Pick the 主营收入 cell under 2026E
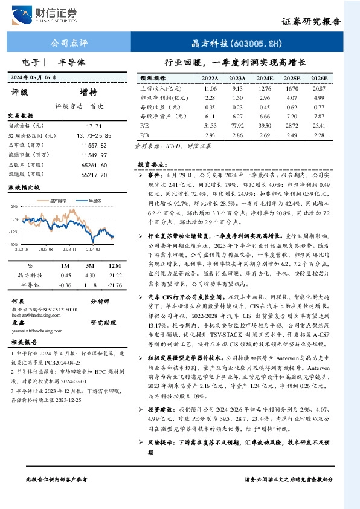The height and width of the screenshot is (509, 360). (x=318, y=88)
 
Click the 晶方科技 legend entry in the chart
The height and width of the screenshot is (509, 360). (x=56, y=200)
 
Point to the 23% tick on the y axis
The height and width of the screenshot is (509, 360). (x=14, y=207)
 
